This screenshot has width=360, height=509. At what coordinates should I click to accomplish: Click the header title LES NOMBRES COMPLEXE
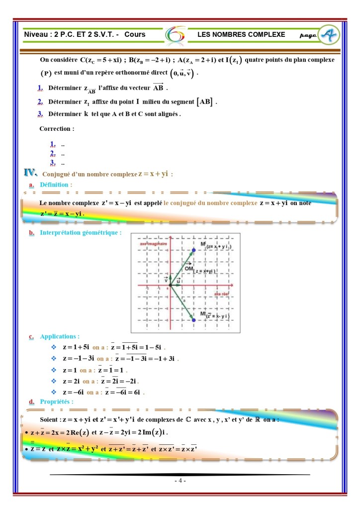[x=241, y=34]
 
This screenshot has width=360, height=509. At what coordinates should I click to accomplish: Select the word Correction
[x=56, y=128]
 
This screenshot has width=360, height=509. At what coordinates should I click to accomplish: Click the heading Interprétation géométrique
[x=81, y=232]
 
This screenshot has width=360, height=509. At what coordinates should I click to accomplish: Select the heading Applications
[x=59, y=336]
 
